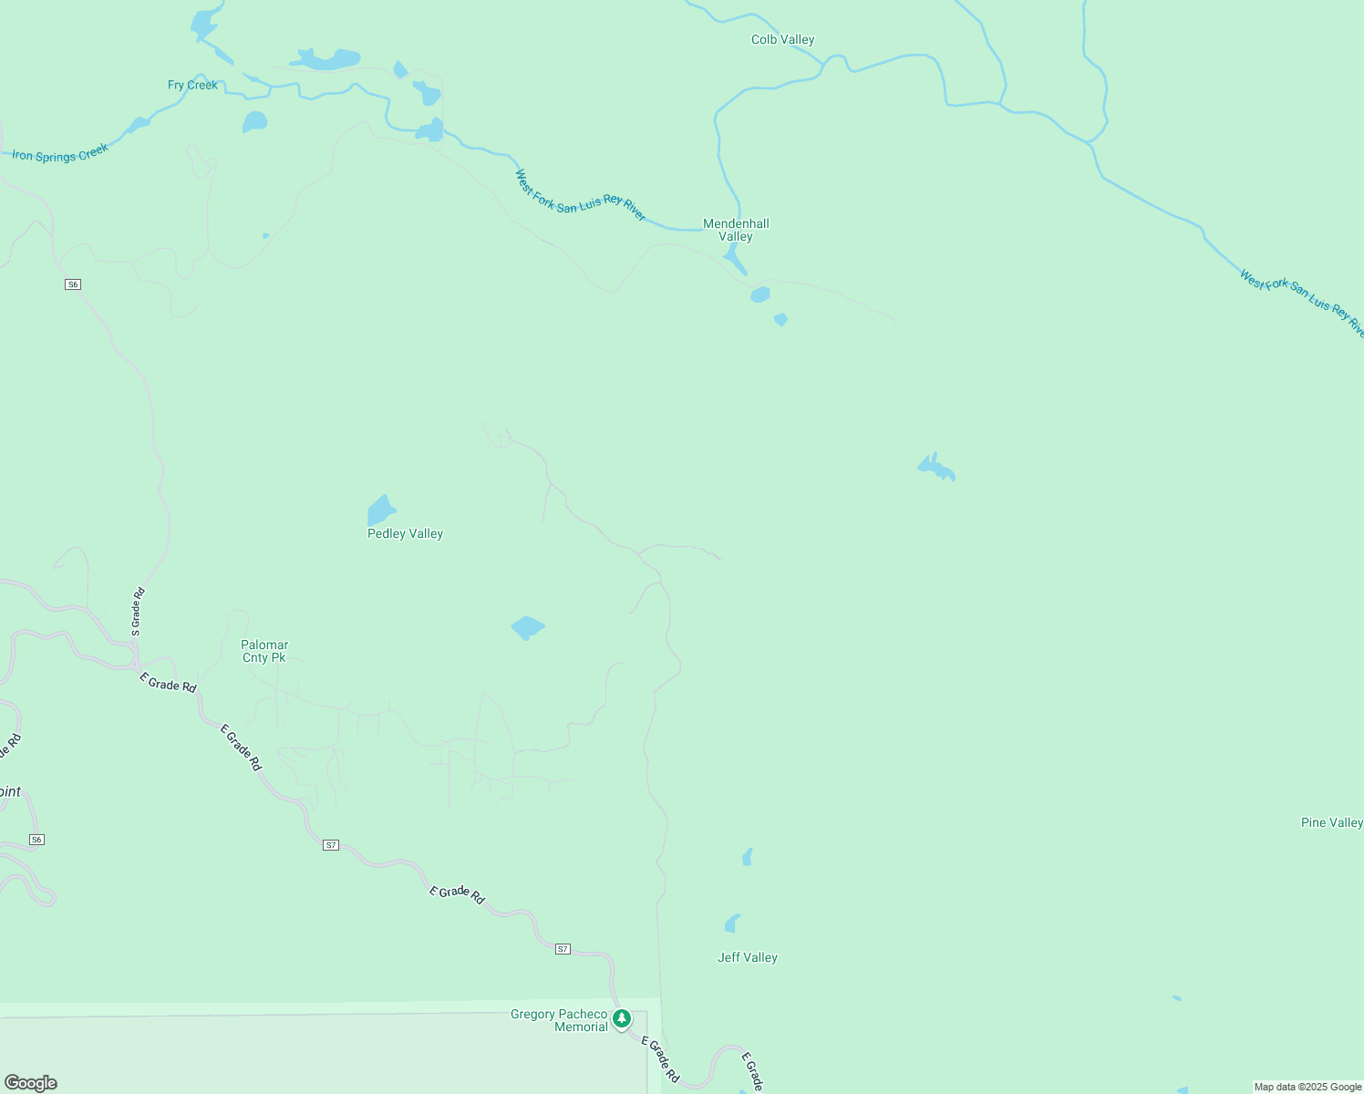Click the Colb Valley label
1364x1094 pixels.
(782, 40)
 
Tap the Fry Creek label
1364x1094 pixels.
(192, 86)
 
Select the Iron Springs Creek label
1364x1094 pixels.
(60, 153)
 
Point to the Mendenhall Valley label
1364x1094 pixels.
(736, 230)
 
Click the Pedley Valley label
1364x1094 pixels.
(405, 534)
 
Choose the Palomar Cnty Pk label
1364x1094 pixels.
(264, 652)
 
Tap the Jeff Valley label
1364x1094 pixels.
(747, 958)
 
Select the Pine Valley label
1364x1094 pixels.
(1331, 823)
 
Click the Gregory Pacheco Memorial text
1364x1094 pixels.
(559, 1021)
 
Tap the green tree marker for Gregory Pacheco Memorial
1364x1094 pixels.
(622, 1018)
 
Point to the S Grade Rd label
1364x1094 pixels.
(138, 611)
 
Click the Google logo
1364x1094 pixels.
(31, 1083)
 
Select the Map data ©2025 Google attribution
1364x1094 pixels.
(1307, 1087)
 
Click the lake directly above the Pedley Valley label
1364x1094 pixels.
(381, 511)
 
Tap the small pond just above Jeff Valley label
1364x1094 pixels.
(731, 924)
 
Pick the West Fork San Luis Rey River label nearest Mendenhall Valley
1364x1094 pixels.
(581, 195)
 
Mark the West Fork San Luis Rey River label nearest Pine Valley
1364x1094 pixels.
(1302, 303)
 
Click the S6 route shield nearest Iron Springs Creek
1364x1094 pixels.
(73, 284)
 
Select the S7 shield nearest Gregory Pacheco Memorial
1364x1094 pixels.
(563, 949)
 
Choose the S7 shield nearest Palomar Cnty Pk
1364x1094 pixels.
(331, 845)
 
